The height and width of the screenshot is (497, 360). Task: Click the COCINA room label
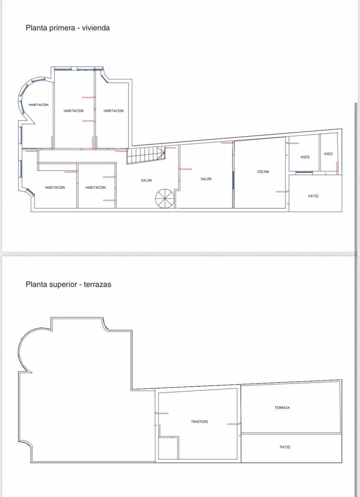[x=263, y=171]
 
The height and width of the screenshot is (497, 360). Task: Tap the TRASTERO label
[x=199, y=422]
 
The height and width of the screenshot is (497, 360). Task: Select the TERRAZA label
[x=282, y=408]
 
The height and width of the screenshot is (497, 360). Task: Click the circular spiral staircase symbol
[x=165, y=198]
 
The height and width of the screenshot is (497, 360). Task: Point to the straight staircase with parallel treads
[x=145, y=155]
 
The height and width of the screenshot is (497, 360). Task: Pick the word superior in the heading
[x=62, y=285]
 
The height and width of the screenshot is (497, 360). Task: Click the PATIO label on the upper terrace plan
[x=285, y=447]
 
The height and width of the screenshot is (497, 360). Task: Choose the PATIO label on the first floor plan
[x=313, y=196]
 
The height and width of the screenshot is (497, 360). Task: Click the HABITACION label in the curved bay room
[x=38, y=105]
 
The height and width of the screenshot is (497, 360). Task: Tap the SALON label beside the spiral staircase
[x=146, y=180]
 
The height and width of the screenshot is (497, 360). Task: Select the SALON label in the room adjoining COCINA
[x=206, y=179]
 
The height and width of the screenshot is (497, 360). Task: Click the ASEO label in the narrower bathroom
[x=328, y=154]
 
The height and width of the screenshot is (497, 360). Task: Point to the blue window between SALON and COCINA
[x=233, y=179]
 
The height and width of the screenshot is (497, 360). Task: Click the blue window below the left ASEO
[x=304, y=171]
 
